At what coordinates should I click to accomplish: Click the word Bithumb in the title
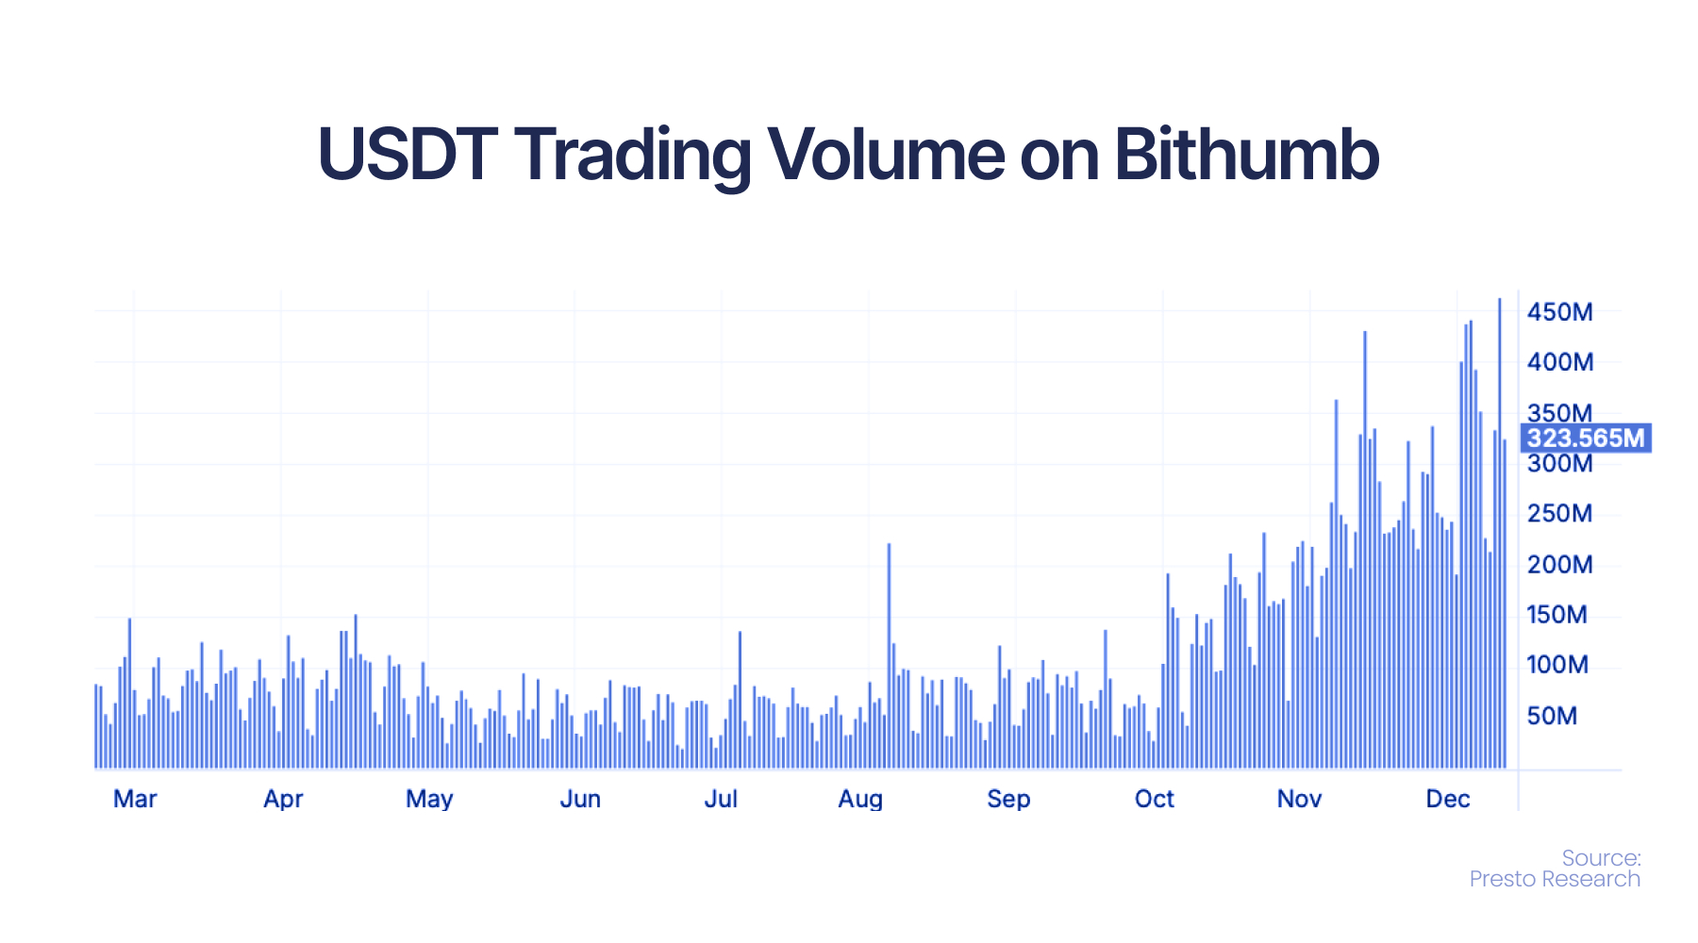(1246, 154)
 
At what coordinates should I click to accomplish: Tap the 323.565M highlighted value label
(1586, 438)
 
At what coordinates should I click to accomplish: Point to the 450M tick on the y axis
(1560, 312)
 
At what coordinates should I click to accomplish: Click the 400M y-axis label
(1560, 362)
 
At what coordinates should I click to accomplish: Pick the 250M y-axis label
(1560, 514)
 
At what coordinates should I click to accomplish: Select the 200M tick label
(1560, 565)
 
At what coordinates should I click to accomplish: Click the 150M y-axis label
(1557, 615)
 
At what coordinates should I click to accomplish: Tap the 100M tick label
(1557, 665)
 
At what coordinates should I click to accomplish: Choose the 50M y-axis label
(1552, 716)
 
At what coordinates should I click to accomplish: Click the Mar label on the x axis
(135, 799)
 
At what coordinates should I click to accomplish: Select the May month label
(429, 800)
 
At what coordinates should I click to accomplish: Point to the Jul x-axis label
(721, 799)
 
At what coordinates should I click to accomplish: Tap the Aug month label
(860, 800)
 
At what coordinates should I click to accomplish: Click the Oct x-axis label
(1155, 799)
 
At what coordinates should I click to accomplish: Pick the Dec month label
(1448, 799)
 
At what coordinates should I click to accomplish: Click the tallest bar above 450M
(1500, 534)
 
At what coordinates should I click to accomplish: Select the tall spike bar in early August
(889, 656)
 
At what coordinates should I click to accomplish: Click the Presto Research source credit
(1555, 879)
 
